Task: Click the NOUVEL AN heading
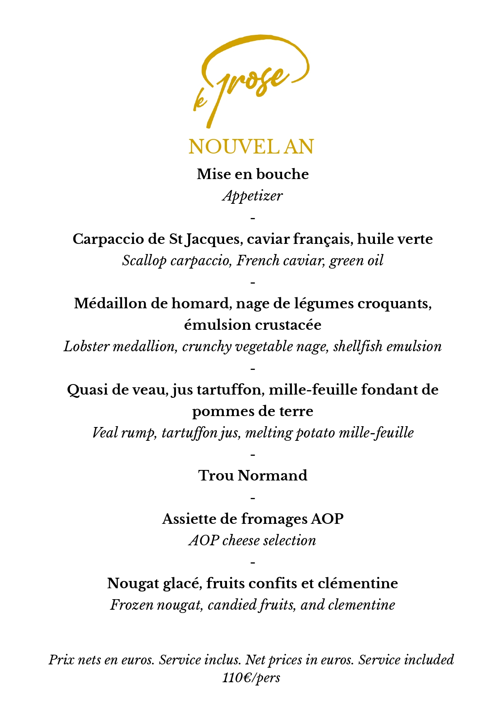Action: [251, 147]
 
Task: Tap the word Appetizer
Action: [253, 196]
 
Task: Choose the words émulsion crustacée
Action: [253, 325]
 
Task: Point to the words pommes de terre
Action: [253, 411]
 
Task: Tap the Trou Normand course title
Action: [253, 476]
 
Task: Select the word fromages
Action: [274, 519]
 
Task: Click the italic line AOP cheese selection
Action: [253, 540]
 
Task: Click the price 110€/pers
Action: [251, 677]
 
